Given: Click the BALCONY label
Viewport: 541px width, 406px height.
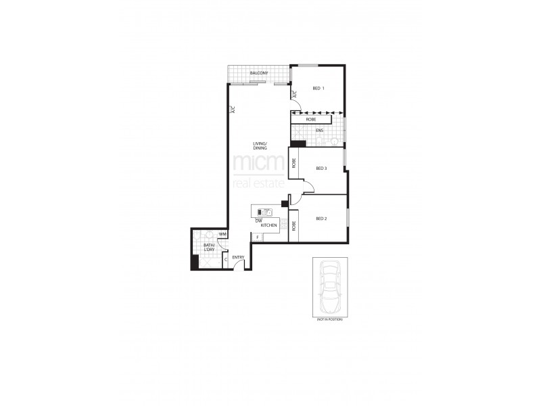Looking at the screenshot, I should click(x=260, y=73).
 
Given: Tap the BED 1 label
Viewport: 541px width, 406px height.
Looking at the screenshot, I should click(x=319, y=89).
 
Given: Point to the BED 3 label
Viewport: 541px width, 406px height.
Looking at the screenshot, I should click(x=322, y=168).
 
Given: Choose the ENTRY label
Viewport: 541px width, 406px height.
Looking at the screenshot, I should click(x=238, y=257).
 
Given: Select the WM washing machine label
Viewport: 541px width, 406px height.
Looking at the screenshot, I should click(x=222, y=234).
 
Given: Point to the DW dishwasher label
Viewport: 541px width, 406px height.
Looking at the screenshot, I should click(x=258, y=219).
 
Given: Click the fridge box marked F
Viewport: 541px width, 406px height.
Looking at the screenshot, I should click(x=258, y=237).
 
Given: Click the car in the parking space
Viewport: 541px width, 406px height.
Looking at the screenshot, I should click(x=331, y=286).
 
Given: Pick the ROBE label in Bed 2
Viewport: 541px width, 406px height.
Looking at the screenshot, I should click(x=294, y=226).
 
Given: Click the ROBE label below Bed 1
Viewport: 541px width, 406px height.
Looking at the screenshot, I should click(x=311, y=119).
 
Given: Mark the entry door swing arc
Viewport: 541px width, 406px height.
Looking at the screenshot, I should click(x=240, y=266).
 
